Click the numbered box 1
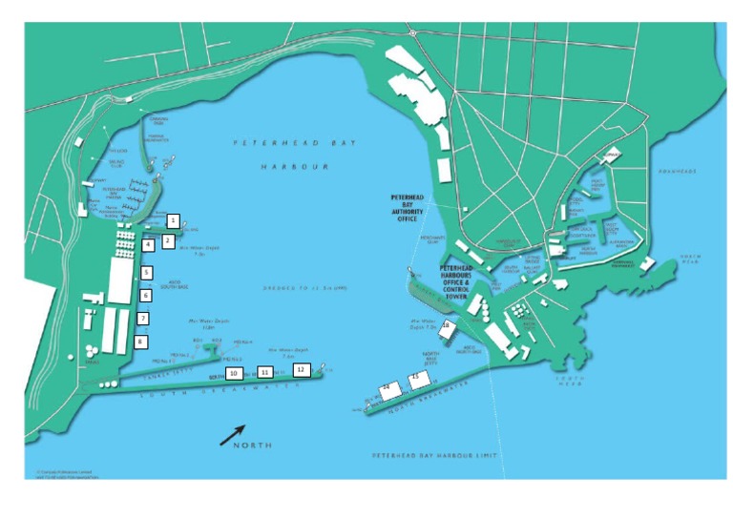tap(173, 219)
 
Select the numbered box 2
tap(167, 241)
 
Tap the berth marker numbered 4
tap(148, 245)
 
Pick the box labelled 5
tap(147, 273)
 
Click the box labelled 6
tap(146, 296)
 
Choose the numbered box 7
tap(143, 319)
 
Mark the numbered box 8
tap(141, 341)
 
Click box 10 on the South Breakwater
tap(233, 372)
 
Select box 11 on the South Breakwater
tap(265, 372)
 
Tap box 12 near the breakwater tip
tap(301, 368)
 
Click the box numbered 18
tap(447, 327)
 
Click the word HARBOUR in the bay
tap(295, 166)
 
